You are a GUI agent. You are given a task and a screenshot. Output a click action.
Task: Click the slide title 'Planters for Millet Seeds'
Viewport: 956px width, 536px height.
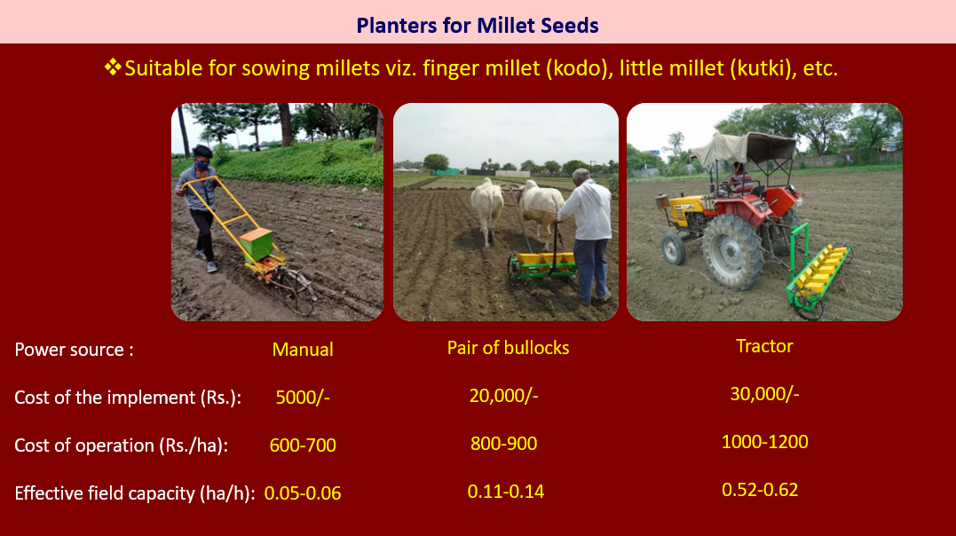pyautogui.click(x=478, y=26)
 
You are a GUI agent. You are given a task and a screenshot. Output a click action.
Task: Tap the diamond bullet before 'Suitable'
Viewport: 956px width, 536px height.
pyautogui.click(x=113, y=67)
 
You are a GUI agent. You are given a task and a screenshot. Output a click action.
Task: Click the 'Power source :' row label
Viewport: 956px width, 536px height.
pyautogui.click(x=74, y=350)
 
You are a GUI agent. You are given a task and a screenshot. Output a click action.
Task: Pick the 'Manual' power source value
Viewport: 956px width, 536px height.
pyautogui.click(x=303, y=350)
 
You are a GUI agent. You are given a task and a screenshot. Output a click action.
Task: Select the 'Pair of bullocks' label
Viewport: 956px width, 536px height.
pyautogui.click(x=508, y=348)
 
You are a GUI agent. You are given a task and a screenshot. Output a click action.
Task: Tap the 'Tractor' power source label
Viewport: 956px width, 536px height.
pyautogui.click(x=764, y=346)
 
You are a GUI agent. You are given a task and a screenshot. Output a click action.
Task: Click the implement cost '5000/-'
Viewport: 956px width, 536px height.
pyautogui.click(x=303, y=398)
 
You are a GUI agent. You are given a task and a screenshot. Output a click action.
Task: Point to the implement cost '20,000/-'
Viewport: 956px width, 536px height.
pyautogui.click(x=503, y=396)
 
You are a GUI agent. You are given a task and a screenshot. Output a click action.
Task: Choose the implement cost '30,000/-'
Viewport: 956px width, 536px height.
pyautogui.click(x=764, y=394)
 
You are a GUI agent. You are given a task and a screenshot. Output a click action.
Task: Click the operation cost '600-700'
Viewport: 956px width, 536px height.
pyautogui.click(x=303, y=445)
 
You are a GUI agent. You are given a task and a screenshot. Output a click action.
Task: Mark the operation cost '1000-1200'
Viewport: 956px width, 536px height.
pyautogui.click(x=764, y=441)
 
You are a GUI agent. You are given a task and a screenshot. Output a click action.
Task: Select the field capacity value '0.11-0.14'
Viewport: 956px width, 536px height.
pyautogui.click(x=505, y=492)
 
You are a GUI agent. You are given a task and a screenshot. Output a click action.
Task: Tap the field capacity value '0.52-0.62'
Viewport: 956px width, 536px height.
pyautogui.click(x=760, y=490)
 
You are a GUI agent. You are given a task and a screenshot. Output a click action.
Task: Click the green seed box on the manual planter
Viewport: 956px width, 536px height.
pyautogui.click(x=256, y=244)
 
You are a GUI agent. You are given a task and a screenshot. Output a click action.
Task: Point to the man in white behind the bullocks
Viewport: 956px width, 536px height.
pyautogui.click(x=587, y=235)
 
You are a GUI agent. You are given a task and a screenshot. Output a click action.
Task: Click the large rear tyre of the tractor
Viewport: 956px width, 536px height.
pyautogui.click(x=732, y=252)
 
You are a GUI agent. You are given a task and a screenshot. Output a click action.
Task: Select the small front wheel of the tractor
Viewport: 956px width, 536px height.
pyautogui.click(x=673, y=248)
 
